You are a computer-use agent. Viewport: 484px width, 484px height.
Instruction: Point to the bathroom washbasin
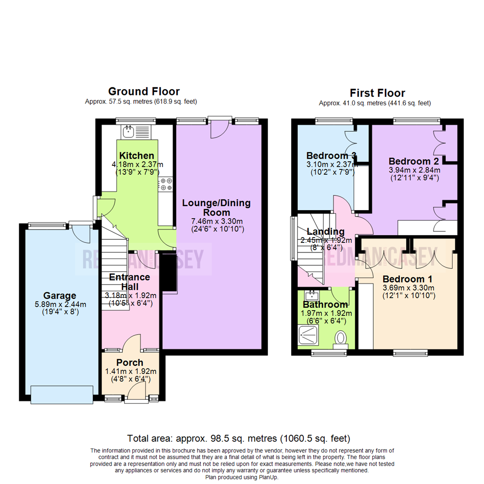pyautogui.click(x=311, y=295)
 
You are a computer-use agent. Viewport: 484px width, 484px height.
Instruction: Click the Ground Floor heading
pyautogui.click(x=144, y=92)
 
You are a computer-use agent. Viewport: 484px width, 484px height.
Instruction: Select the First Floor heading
pyautogui.click(x=377, y=93)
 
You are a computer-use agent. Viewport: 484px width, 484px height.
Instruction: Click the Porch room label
pyautogui.click(x=130, y=363)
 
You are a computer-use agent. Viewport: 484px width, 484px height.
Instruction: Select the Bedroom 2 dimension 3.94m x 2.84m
pyautogui.click(x=414, y=170)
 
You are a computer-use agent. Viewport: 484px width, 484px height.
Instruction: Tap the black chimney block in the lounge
pyautogui.click(x=169, y=274)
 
